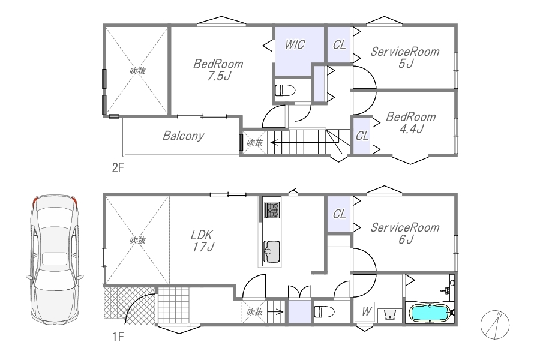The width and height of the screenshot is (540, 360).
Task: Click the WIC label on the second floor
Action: (x=295, y=45)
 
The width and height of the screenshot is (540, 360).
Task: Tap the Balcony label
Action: (x=183, y=136)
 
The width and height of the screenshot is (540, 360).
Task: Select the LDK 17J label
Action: (x=203, y=241)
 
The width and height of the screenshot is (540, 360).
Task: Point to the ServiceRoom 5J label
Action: (x=405, y=58)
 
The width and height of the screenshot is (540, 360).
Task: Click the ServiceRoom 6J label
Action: (x=405, y=233)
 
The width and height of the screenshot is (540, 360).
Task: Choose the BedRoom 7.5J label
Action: (x=218, y=70)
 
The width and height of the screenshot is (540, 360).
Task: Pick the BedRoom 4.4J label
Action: (x=411, y=122)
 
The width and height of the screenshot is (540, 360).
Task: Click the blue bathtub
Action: (x=430, y=313)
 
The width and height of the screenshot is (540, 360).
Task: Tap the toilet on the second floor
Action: (x=285, y=91)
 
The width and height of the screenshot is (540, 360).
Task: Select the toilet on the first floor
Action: (x=324, y=311)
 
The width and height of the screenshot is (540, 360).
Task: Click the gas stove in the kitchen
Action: (x=272, y=210)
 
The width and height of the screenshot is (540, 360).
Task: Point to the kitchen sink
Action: (x=272, y=252)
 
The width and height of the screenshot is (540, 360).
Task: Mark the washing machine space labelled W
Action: (x=365, y=312)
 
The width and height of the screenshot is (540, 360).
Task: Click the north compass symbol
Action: (x=495, y=325)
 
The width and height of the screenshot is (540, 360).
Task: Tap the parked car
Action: (x=55, y=260)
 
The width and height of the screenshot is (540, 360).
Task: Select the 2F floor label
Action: (x=118, y=168)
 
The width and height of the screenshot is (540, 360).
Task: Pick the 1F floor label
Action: (x=118, y=337)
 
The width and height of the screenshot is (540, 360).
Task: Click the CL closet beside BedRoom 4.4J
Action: (x=362, y=136)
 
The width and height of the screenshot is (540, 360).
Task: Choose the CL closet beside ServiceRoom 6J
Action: (x=339, y=214)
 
